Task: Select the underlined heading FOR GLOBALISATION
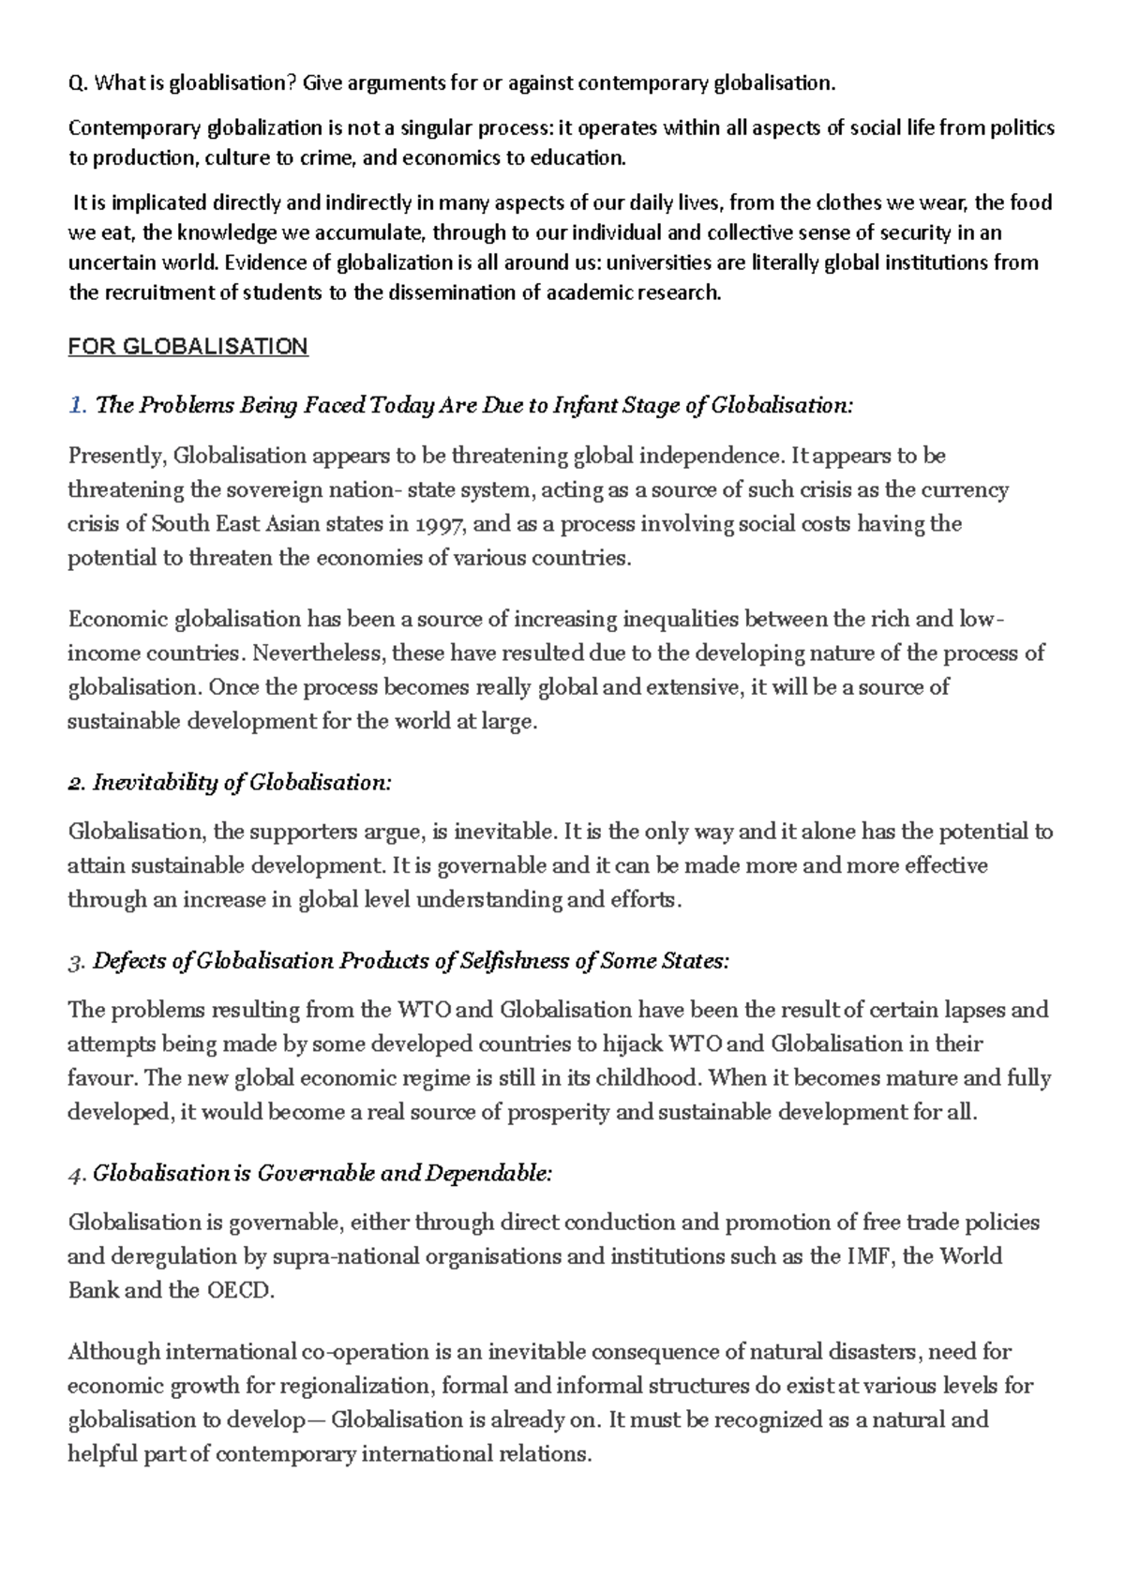click(187, 347)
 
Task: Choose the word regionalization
click(355, 1387)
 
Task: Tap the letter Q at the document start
click(75, 83)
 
